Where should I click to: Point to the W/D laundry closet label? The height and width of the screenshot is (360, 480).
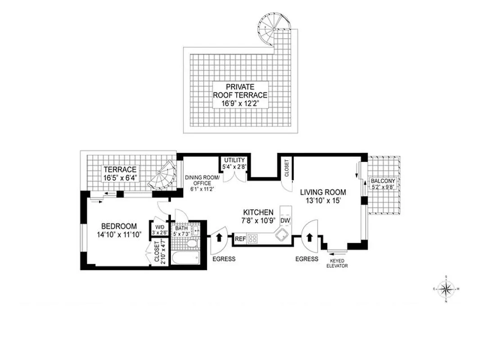click(x=158, y=229)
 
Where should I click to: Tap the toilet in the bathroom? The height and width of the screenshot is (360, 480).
click(x=192, y=243)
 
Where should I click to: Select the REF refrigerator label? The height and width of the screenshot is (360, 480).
click(x=240, y=239)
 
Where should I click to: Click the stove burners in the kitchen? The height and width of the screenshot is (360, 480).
click(x=252, y=238)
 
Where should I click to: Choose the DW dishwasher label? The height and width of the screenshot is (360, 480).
click(x=284, y=220)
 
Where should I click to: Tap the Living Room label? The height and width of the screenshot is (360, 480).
click(x=323, y=196)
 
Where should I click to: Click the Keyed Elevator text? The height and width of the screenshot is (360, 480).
click(x=336, y=263)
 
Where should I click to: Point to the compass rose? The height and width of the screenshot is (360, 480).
click(x=445, y=289)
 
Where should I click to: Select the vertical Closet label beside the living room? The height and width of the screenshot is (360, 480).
click(x=286, y=168)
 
